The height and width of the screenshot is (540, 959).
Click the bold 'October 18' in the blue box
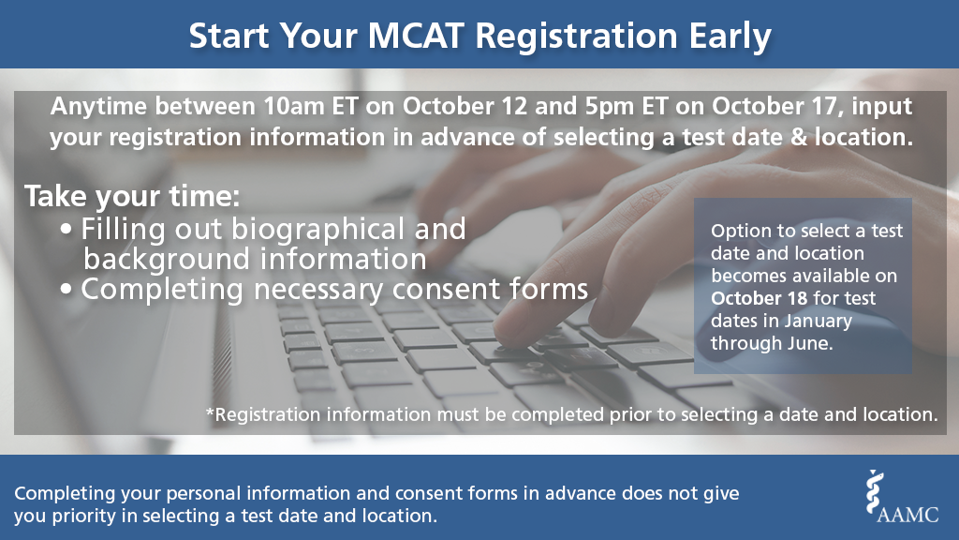[754, 298]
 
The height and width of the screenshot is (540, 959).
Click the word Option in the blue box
[736, 231]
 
